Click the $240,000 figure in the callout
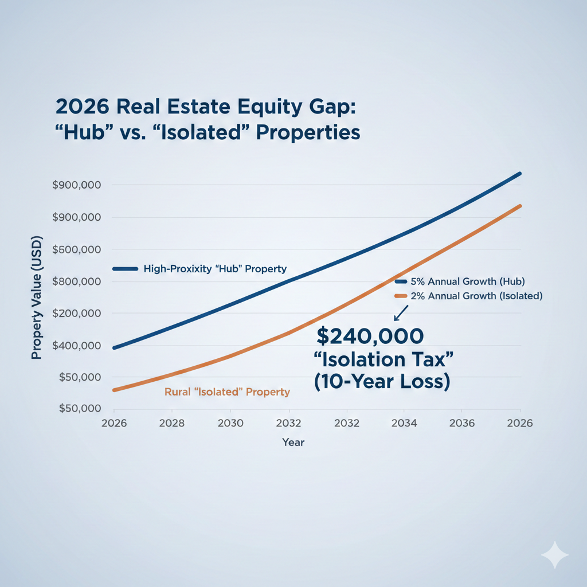point(370,336)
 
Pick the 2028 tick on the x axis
point(171,423)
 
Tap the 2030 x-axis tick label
point(230,423)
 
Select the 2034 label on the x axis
point(404,423)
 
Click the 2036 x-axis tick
point(462,423)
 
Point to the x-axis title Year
point(293,443)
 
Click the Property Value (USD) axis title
point(37,298)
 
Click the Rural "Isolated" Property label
point(227,393)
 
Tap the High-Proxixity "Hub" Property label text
point(216,269)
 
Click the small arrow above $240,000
point(400,313)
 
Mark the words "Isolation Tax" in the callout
point(384,360)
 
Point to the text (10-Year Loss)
point(382,382)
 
